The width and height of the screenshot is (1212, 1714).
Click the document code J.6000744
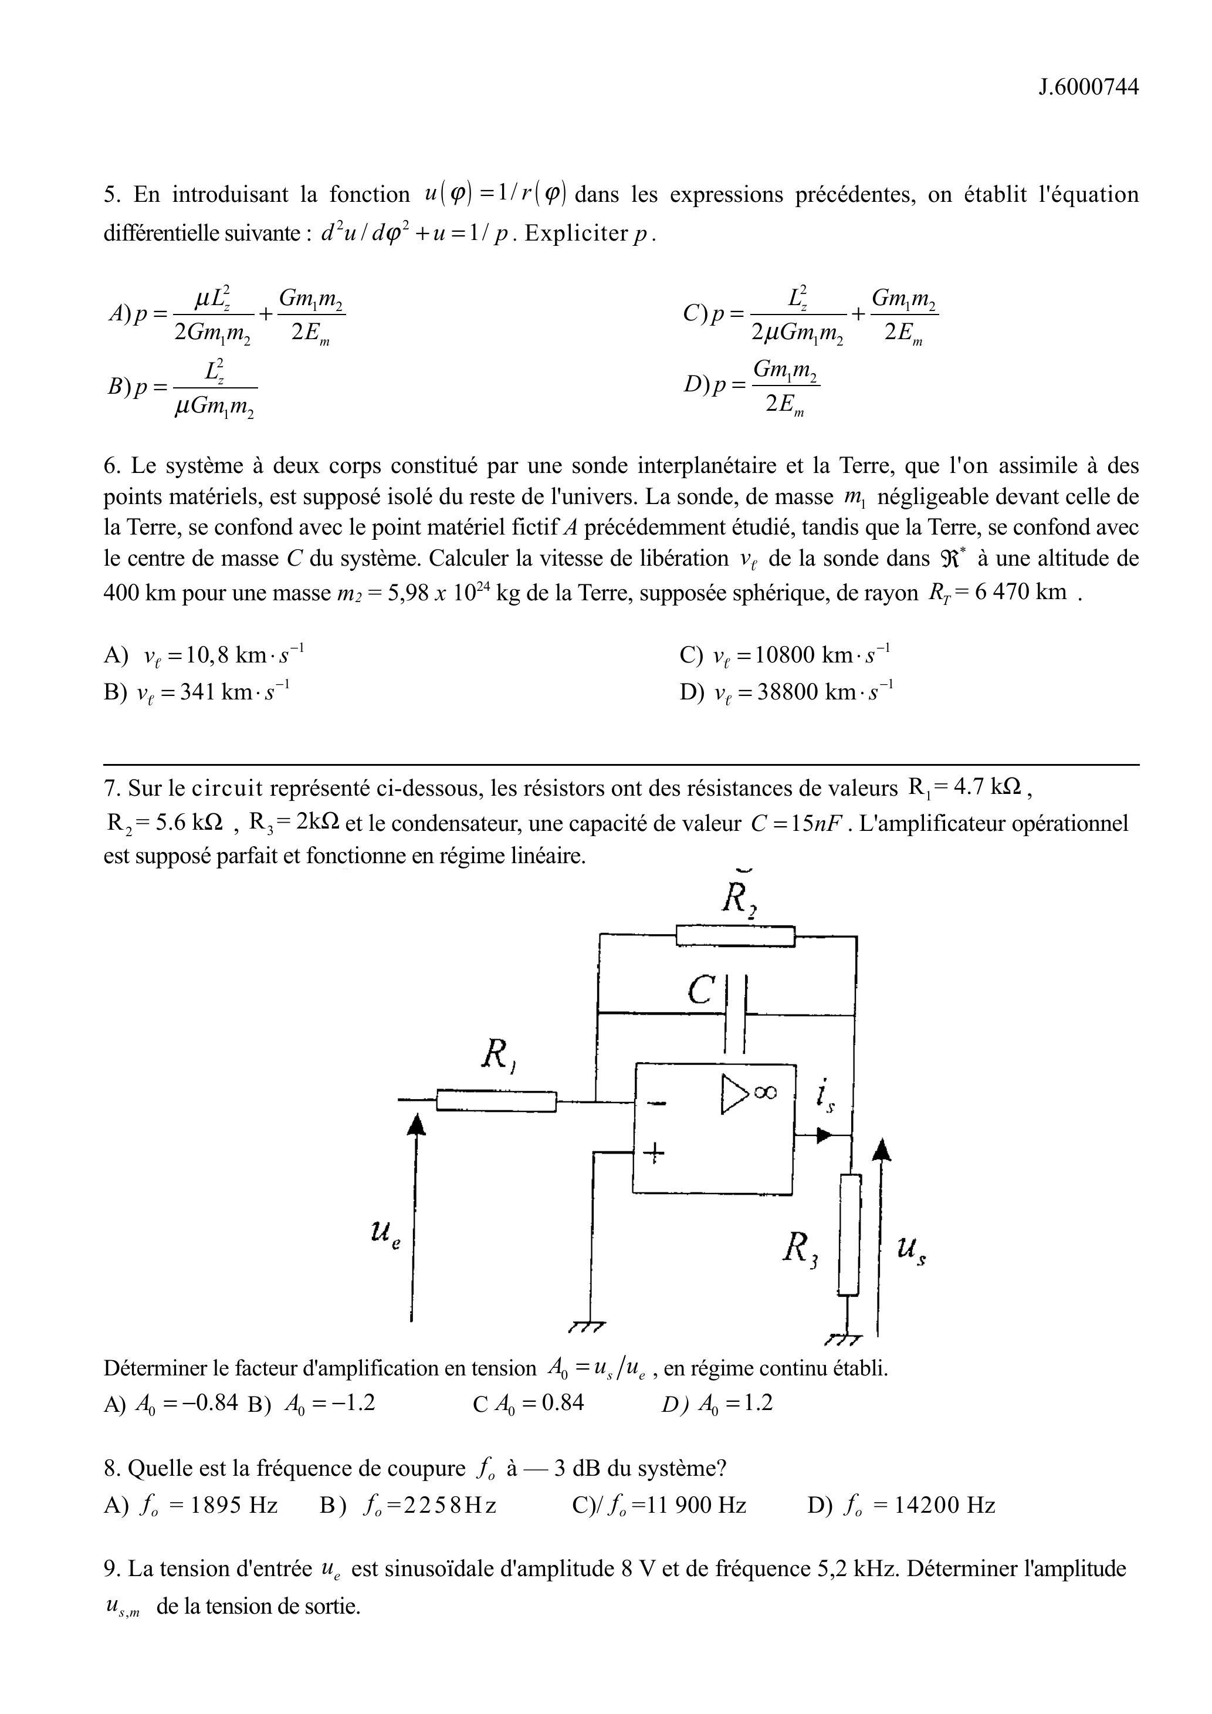(1089, 87)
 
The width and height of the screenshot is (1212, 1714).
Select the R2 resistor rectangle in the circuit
(735, 935)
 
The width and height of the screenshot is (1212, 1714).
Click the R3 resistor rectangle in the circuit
(849, 1235)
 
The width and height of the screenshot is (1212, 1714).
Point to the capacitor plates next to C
(737, 1013)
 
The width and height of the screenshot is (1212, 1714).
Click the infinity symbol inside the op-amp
(764, 1092)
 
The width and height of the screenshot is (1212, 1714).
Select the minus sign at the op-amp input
(656, 1103)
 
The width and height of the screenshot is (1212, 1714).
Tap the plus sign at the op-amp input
(655, 1154)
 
